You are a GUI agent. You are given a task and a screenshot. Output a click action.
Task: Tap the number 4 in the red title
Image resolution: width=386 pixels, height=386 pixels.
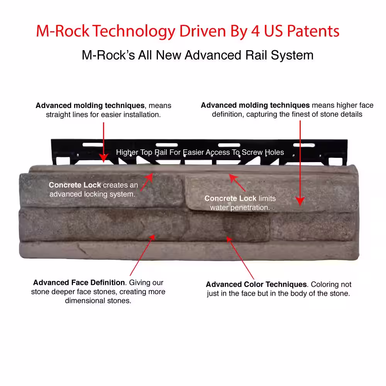pyautogui.click(x=255, y=31)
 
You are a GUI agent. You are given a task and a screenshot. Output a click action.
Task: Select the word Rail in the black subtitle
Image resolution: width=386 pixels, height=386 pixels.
pyautogui.click(x=256, y=55)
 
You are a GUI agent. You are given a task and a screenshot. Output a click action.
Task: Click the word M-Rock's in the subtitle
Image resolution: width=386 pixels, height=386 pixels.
pyautogui.click(x=108, y=55)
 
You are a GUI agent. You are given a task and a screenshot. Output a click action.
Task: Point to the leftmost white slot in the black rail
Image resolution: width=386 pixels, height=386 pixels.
pyautogui.click(x=93, y=145)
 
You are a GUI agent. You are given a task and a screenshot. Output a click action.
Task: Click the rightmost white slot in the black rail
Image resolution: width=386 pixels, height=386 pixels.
pyautogui.click(x=304, y=145)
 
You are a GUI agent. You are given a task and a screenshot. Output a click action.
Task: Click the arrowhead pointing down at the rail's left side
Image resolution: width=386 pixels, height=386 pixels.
pyautogui.click(x=103, y=158)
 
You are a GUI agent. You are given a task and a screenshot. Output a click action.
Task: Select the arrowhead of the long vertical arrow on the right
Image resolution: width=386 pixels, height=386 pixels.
pyautogui.click(x=300, y=201)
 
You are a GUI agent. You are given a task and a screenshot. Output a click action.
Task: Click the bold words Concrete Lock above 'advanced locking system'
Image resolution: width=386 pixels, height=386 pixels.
pyautogui.click(x=75, y=185)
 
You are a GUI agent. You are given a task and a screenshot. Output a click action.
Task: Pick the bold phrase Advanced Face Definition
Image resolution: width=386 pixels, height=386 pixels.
pyautogui.click(x=79, y=283)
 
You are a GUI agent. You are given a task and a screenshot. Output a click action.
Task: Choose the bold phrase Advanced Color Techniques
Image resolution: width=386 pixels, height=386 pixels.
pyautogui.click(x=256, y=284)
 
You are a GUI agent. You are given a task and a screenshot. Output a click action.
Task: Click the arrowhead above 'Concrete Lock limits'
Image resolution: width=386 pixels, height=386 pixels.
pyautogui.click(x=233, y=178)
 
